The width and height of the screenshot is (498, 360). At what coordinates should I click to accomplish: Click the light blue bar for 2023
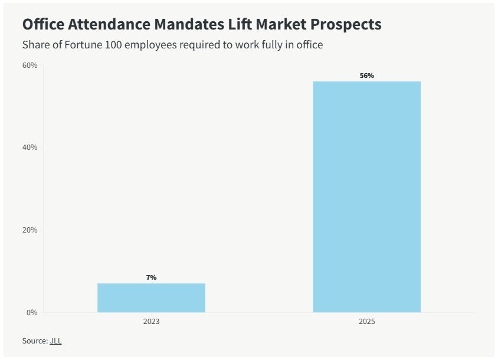pos(151,297)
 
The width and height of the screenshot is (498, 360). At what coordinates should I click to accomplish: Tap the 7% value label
pos(151,277)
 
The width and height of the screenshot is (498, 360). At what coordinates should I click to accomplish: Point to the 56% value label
pos(367,76)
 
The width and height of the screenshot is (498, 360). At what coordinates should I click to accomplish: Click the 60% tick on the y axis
pos(30,65)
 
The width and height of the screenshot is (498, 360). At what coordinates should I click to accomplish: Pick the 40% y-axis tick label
pos(30,147)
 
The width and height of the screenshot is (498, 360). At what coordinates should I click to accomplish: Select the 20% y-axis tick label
pos(30,230)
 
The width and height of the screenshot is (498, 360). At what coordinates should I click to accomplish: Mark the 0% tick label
pos(32,312)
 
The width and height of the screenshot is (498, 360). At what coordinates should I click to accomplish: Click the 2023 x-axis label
pos(151,322)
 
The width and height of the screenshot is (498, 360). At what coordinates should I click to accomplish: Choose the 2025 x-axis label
pos(366,322)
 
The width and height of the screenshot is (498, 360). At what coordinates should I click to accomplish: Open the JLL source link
pos(55,341)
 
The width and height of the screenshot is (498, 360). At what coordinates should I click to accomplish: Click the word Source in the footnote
pos(34,341)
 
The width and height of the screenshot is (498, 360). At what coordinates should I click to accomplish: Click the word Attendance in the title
pos(113,24)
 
